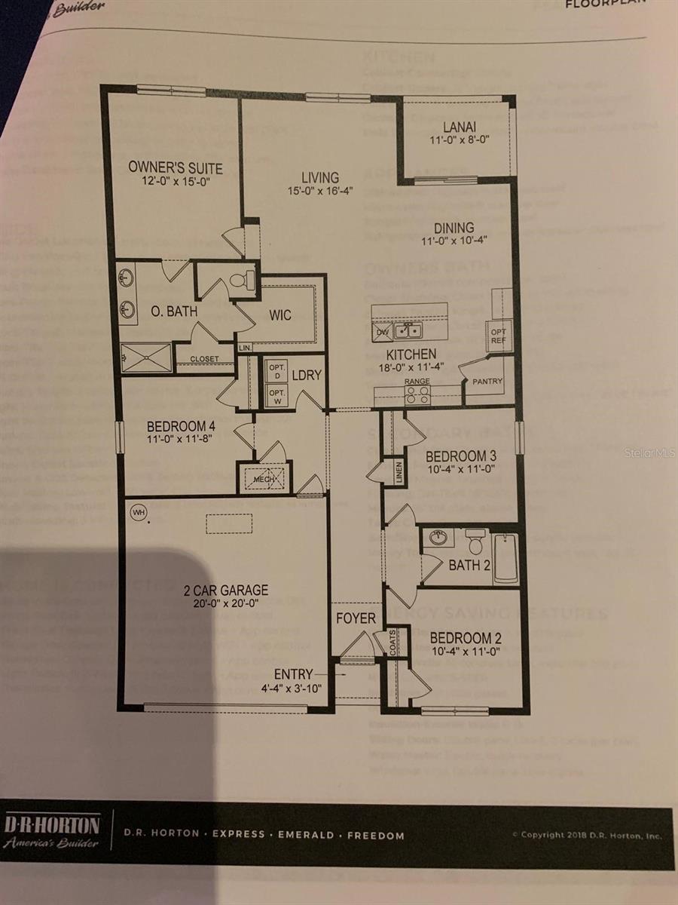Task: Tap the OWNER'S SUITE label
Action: [176, 167]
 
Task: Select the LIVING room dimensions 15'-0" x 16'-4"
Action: [321, 192]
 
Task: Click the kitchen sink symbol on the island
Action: [408, 330]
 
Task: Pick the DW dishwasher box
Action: [382, 331]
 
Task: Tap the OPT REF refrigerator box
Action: [499, 335]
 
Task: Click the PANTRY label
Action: [487, 382]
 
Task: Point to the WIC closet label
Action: [280, 314]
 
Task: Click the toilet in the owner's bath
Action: [240, 281]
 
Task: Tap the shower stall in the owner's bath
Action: [146, 357]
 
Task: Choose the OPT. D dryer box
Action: [276, 371]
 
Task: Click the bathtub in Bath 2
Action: [505, 559]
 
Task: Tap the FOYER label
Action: [356, 619]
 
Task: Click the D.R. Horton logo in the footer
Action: [50, 831]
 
